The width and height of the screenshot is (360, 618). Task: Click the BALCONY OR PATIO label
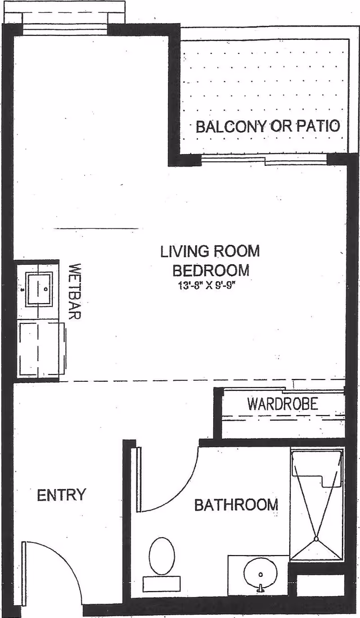pyautogui.click(x=268, y=126)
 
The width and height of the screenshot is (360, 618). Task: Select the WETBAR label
pyautogui.click(x=75, y=291)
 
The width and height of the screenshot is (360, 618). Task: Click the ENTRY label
pyautogui.click(x=61, y=495)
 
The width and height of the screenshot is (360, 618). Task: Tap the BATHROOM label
pyautogui.click(x=236, y=504)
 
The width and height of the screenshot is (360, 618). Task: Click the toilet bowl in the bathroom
pyautogui.click(x=162, y=556)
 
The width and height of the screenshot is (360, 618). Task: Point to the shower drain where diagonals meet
pyautogui.click(x=316, y=540)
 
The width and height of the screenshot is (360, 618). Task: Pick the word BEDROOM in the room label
pyautogui.click(x=211, y=270)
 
